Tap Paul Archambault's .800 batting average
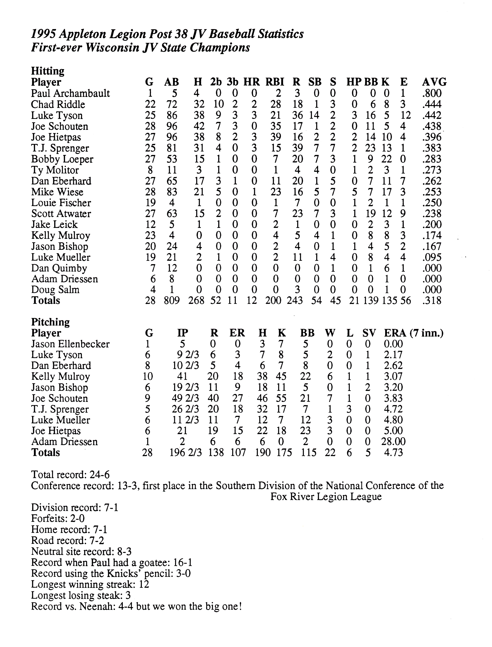pyautogui.click(x=432, y=93)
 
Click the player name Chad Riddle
pyautogui.click(x=58, y=105)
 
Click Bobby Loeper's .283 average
pyautogui.click(x=432, y=159)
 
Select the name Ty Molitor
pyautogui.click(x=55, y=170)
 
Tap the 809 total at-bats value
pyautogui.click(x=172, y=301)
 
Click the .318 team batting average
pyautogui.click(x=432, y=301)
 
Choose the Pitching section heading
pyautogui.click(x=50, y=322)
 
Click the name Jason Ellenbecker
pyautogui.click(x=70, y=344)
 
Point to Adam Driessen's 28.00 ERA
pyautogui.click(x=392, y=442)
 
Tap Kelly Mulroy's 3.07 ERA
pyautogui.click(x=393, y=376)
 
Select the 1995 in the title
pyautogui.click(x=43, y=35)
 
